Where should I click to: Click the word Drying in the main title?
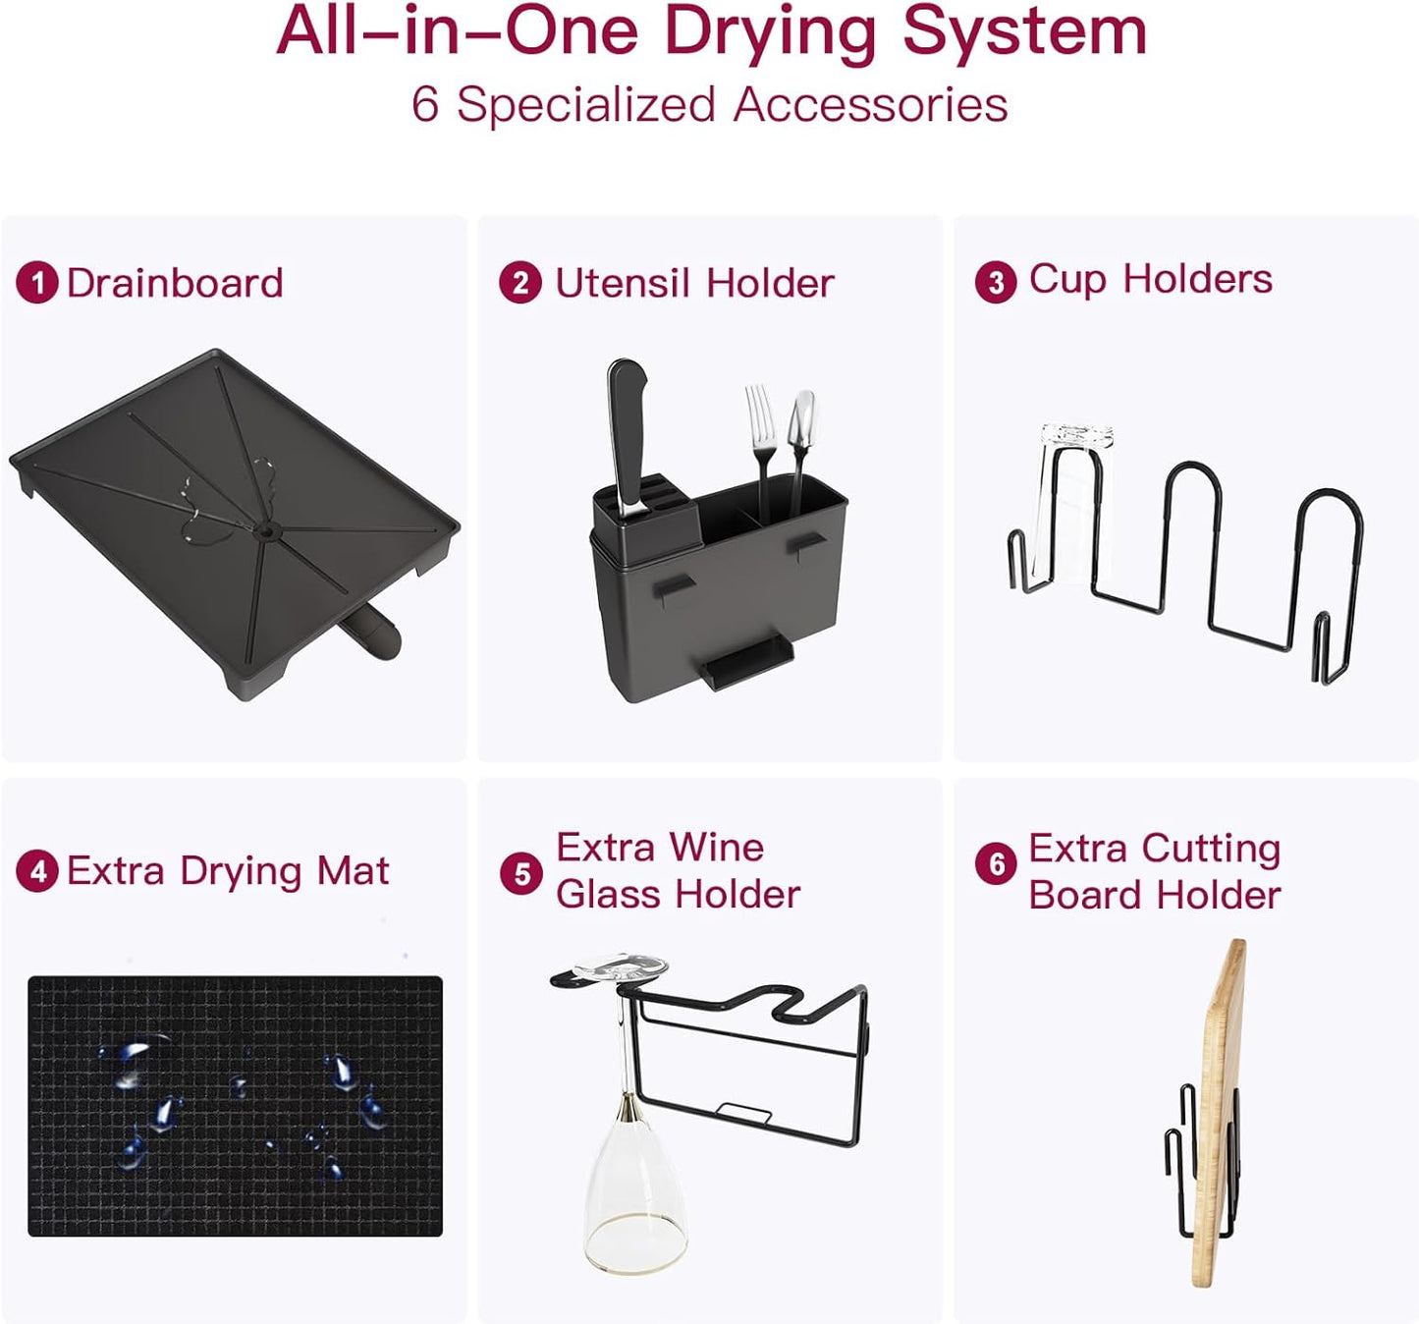pos(769,32)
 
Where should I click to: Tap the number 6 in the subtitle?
pos(424,104)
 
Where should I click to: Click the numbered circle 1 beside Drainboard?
pos(37,284)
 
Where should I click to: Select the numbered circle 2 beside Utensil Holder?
pos(520,283)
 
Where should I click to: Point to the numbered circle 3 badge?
pos(996,283)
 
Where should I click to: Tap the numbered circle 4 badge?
pos(37,871)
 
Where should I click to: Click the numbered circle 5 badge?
pos(521,873)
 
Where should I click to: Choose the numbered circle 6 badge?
pos(996,863)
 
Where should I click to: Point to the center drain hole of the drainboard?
pos(264,530)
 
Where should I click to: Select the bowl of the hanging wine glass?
pos(634,1188)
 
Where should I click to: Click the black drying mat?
pos(235,1105)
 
